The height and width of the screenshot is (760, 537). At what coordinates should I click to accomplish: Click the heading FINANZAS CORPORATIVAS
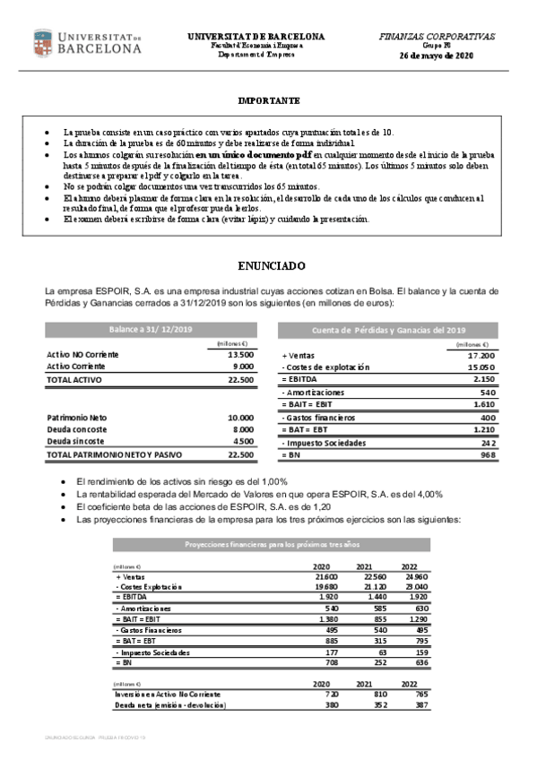(x=437, y=37)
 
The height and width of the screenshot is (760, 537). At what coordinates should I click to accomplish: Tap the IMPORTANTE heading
(x=269, y=100)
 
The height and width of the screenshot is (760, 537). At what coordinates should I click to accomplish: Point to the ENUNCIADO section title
(x=270, y=266)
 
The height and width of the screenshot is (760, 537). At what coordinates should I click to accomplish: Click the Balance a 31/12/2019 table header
(x=152, y=330)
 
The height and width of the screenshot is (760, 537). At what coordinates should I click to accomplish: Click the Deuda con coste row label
(x=76, y=429)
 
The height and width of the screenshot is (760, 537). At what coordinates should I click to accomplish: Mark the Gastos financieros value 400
(x=488, y=418)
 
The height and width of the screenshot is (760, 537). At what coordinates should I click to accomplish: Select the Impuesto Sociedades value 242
(x=488, y=443)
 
